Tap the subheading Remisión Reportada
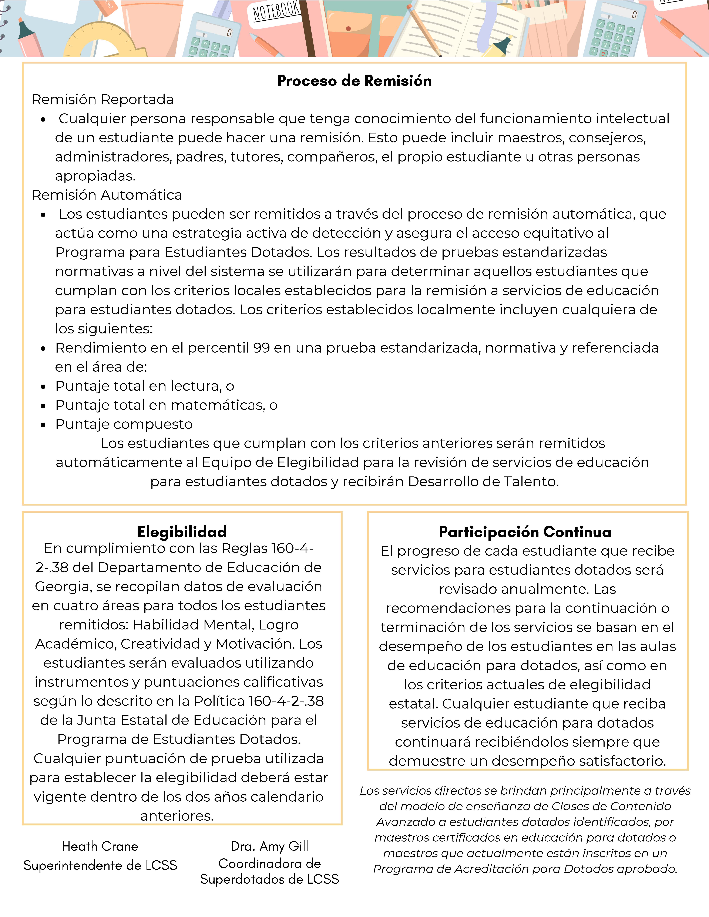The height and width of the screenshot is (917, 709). [x=103, y=99]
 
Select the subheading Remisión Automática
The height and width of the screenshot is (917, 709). [x=107, y=195]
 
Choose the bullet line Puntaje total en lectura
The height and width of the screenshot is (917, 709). [x=144, y=386]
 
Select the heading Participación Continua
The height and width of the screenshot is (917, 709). [x=525, y=532]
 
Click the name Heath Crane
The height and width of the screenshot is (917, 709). [x=100, y=846]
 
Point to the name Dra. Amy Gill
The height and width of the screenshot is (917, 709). [x=270, y=846]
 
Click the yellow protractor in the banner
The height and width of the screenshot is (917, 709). [x=105, y=42]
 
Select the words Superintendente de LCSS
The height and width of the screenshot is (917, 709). [x=100, y=865]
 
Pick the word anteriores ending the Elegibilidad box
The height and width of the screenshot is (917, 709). [x=177, y=816]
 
